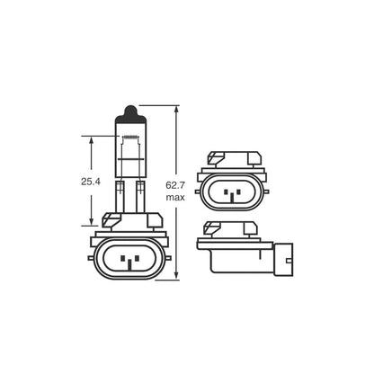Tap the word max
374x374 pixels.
[x=175, y=198]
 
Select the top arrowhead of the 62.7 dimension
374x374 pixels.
[x=175, y=109]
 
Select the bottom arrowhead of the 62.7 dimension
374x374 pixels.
[x=175, y=275]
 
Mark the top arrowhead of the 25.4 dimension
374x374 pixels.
[x=92, y=138]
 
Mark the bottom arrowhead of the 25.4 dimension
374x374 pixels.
[x=92, y=223]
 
